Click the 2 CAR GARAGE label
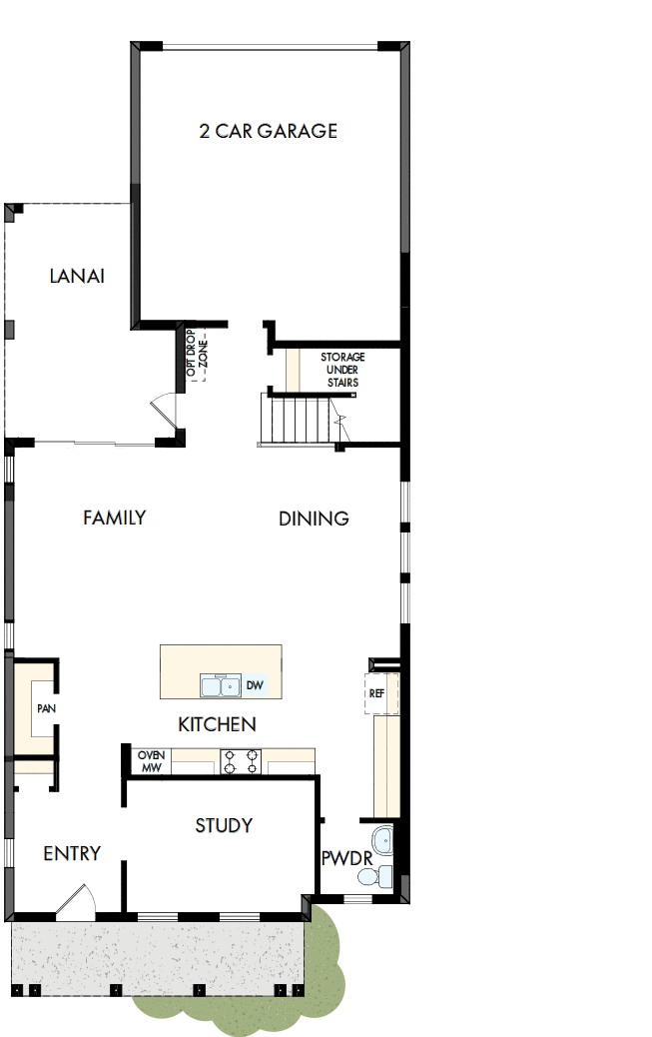click(268, 131)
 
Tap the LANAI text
click(77, 276)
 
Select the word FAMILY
click(114, 518)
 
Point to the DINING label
click(314, 518)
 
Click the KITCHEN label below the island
click(217, 724)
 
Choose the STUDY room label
click(224, 825)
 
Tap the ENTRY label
click(72, 853)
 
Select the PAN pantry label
click(46, 708)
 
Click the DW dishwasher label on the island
click(255, 685)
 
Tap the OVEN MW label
click(150, 761)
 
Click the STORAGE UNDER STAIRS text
click(342, 370)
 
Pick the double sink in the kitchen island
click(221, 685)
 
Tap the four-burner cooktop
click(241, 762)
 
